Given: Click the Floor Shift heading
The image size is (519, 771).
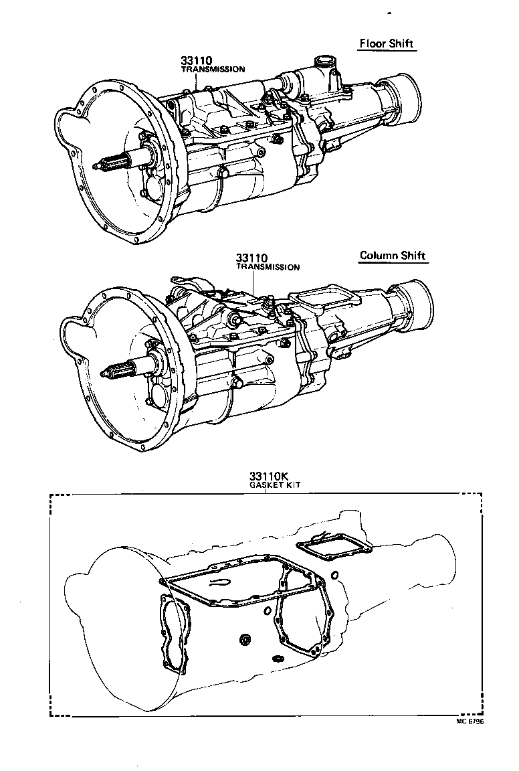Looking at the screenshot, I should point(387,44).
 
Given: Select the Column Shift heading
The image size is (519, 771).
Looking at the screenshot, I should point(392,256).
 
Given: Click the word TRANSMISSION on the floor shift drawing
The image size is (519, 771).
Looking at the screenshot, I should point(213,69).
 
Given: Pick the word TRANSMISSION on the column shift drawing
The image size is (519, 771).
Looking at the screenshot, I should point(268,267).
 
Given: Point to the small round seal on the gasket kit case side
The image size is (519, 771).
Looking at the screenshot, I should point(245,641).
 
